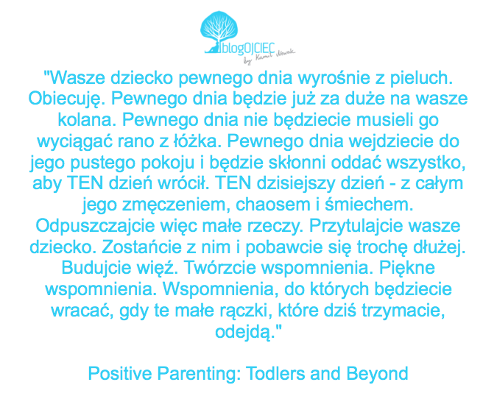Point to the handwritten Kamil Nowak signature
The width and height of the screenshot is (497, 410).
[269, 56]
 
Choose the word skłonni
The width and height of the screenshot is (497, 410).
[297, 162]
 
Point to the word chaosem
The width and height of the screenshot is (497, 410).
[273, 205]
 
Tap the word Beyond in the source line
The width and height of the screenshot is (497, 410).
[377, 374]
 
